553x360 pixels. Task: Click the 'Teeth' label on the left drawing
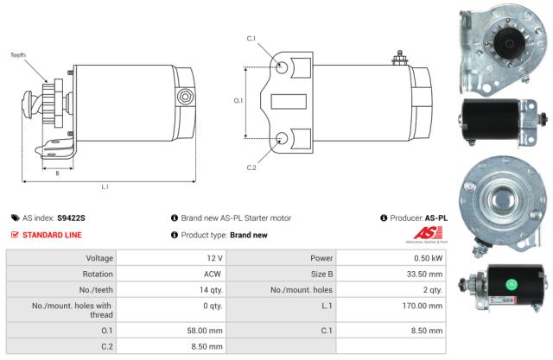pyautogui.click(x=18, y=55)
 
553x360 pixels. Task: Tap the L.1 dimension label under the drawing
pyautogui.click(x=105, y=187)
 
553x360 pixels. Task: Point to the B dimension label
pyautogui.click(x=57, y=173)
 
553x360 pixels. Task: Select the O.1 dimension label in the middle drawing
pyautogui.click(x=238, y=101)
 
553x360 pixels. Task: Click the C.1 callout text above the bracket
pyautogui.click(x=251, y=39)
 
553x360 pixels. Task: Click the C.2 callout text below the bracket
pyautogui.click(x=251, y=167)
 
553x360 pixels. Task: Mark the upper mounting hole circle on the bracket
pyautogui.click(x=283, y=66)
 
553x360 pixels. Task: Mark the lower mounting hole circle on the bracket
pyautogui.click(x=283, y=137)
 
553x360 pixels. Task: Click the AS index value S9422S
pyautogui.click(x=71, y=218)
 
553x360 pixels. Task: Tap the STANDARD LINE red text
pyautogui.click(x=52, y=235)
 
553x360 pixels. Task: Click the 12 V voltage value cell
pyautogui.click(x=215, y=258)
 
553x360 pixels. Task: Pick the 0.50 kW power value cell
pyautogui.click(x=431, y=258)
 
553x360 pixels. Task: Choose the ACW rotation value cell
pyautogui.click(x=214, y=275)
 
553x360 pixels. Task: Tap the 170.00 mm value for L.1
pyautogui.click(x=424, y=307)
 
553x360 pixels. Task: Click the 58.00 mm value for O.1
pyautogui.click(x=207, y=329)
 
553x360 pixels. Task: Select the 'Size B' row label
pyautogui.click(x=321, y=275)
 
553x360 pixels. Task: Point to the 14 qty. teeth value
pyautogui.click(x=210, y=291)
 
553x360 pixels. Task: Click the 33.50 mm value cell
pyautogui.click(x=426, y=275)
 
